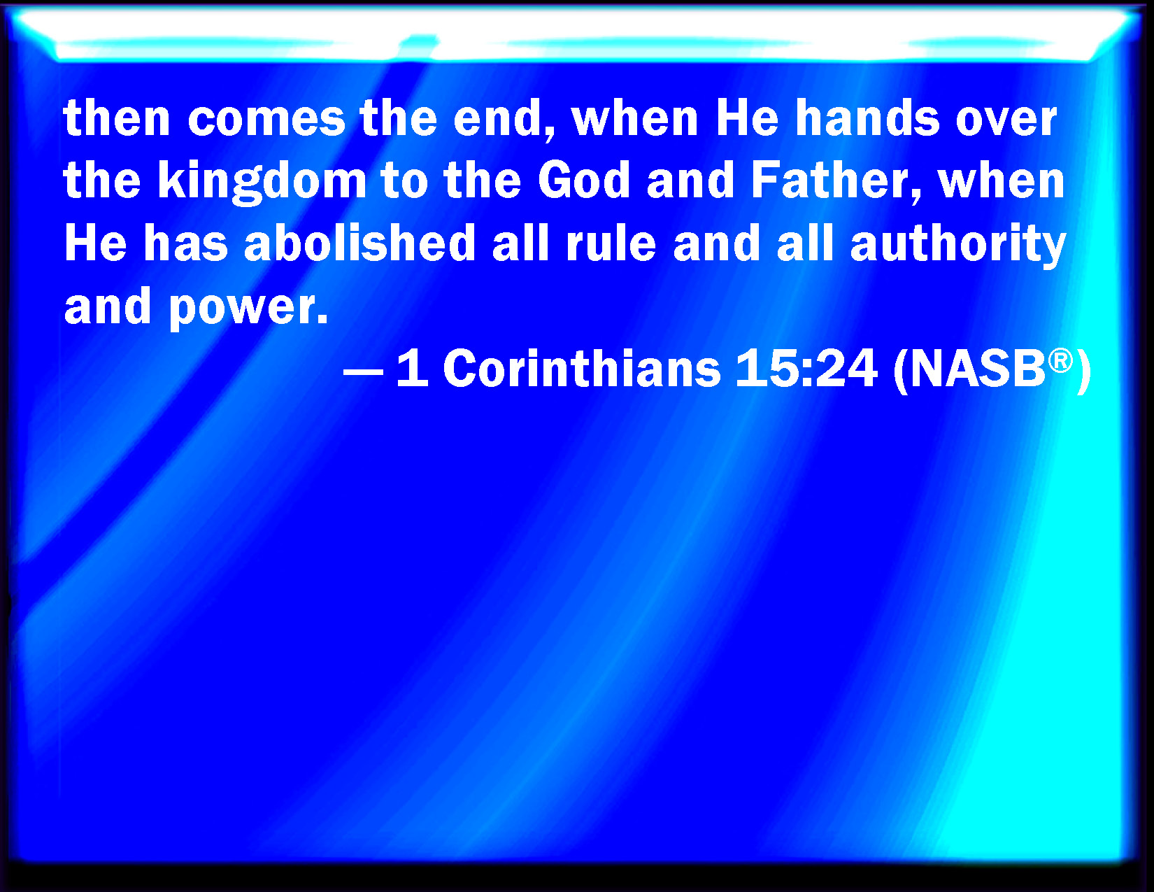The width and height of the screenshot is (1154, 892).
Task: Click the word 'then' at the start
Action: (x=117, y=118)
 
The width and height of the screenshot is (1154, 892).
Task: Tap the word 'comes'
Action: (x=266, y=120)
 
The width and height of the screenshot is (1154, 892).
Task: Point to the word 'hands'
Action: (x=867, y=118)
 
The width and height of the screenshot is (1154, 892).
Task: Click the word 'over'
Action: (x=1006, y=120)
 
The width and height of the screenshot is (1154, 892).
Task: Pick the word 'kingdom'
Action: (x=262, y=182)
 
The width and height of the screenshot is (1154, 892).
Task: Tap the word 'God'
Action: (x=583, y=181)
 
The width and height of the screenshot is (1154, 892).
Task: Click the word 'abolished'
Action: (x=359, y=243)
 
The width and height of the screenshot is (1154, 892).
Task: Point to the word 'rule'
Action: (x=611, y=243)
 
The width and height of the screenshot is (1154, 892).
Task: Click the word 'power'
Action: (x=248, y=309)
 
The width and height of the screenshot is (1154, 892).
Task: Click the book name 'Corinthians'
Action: (x=582, y=367)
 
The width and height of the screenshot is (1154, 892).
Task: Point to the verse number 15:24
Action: (x=806, y=367)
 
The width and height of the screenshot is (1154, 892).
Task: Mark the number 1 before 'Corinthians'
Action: (x=413, y=367)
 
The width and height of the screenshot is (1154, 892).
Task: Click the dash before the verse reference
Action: (x=363, y=371)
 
